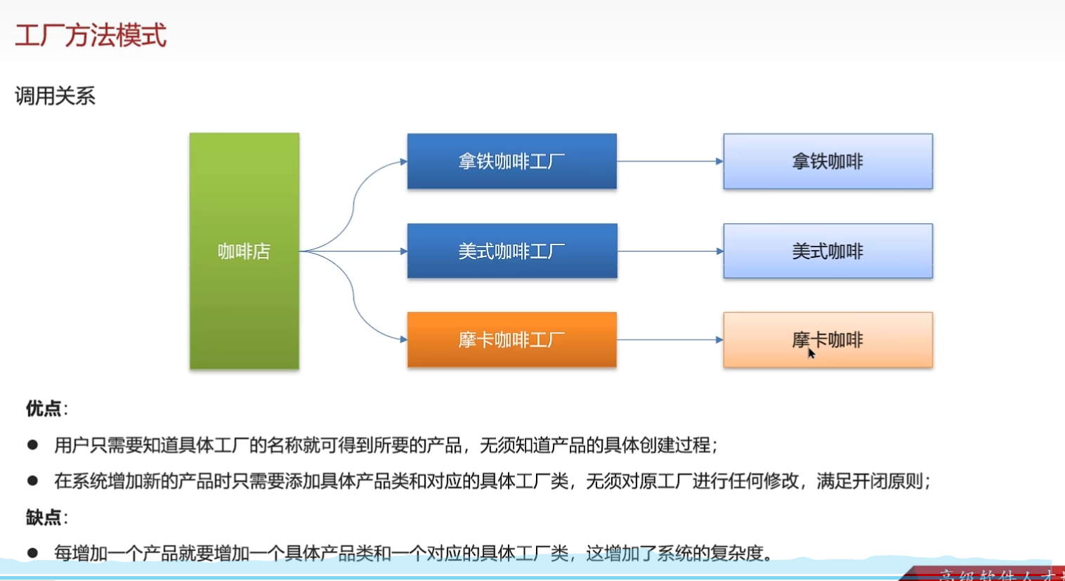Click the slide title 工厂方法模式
click(x=91, y=35)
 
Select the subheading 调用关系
click(x=55, y=96)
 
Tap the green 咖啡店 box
click(x=244, y=251)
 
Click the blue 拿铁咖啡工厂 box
click(x=511, y=162)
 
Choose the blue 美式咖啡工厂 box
click(x=511, y=251)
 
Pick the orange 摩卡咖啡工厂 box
click(x=511, y=340)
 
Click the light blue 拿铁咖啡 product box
click(x=828, y=162)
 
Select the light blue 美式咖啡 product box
click(x=828, y=251)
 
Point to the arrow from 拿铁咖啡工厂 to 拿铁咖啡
click(x=669, y=162)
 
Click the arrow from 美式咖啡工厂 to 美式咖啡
click(x=669, y=251)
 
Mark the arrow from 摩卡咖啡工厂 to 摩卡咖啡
click(x=669, y=340)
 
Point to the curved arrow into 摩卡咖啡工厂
click(x=355, y=305)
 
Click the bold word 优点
click(x=44, y=408)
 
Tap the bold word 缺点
click(x=44, y=517)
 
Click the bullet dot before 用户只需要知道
click(x=32, y=445)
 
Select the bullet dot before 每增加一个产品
click(x=32, y=553)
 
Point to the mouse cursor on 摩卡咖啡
click(x=811, y=353)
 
